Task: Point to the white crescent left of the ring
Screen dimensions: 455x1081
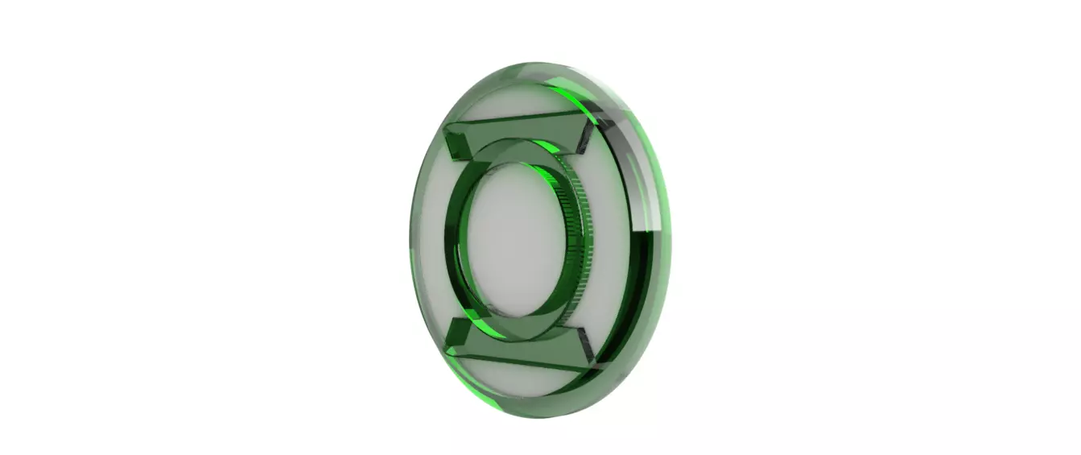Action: click(435, 242)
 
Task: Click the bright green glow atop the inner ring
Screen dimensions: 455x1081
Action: click(547, 148)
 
